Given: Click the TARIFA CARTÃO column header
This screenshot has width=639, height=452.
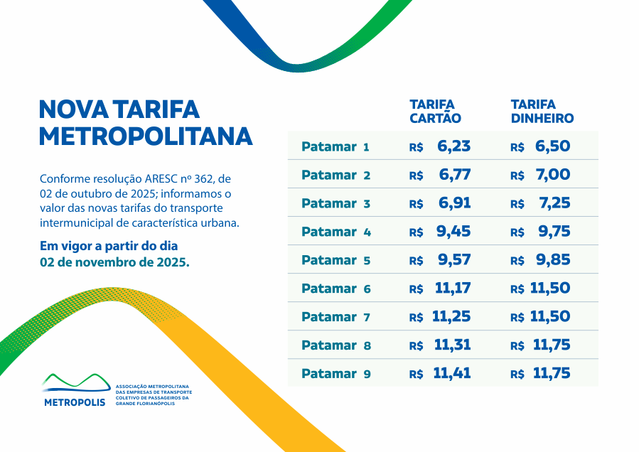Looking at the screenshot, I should (435, 112).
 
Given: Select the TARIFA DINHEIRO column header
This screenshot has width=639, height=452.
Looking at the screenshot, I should (542, 112).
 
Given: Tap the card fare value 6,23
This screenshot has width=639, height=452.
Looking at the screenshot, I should (454, 146).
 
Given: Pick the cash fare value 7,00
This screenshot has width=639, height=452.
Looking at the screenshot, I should (553, 175).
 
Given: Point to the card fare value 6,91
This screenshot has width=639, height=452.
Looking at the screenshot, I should (455, 203).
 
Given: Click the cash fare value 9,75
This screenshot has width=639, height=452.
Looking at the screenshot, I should (554, 232).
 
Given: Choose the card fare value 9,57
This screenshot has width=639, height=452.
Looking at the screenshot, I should (454, 260).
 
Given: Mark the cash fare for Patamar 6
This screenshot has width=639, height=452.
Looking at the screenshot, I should (550, 289).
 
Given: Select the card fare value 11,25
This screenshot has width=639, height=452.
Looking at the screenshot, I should (451, 317).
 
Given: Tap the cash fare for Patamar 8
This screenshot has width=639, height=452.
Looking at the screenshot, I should (551, 345).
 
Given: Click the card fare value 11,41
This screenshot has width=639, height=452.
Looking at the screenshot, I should (452, 373).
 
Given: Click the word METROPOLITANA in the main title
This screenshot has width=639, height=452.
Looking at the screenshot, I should (146, 136).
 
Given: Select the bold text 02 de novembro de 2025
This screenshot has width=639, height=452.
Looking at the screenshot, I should (114, 262).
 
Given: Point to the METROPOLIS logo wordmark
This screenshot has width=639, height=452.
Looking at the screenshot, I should (74, 402).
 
